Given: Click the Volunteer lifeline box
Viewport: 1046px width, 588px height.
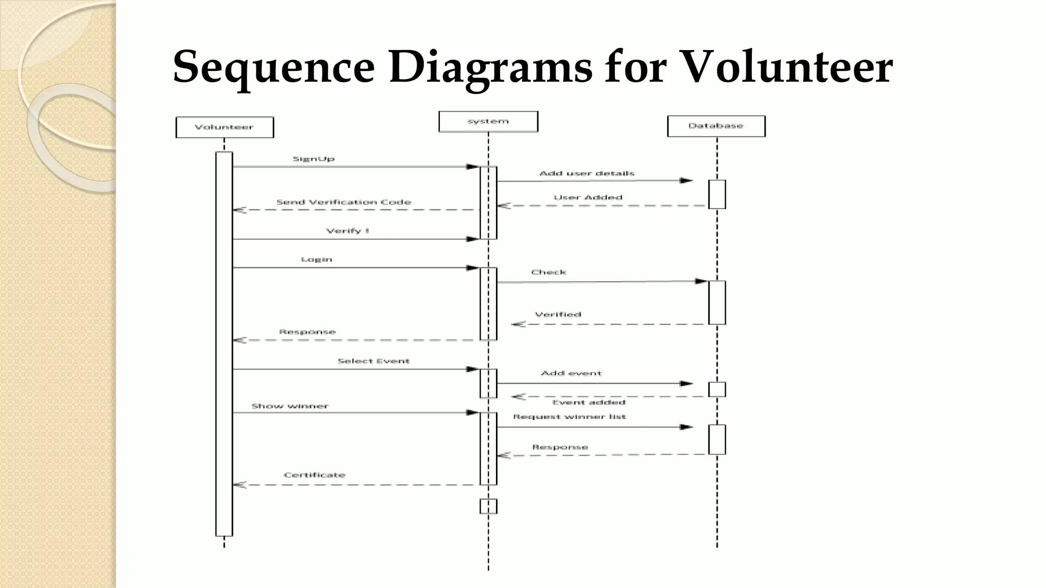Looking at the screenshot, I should (x=224, y=127).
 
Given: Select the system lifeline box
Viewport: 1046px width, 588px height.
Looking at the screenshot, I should (x=488, y=121).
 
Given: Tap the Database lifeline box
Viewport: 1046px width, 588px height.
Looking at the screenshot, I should (x=716, y=126).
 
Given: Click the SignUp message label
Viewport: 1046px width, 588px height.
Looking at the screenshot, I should (x=314, y=159).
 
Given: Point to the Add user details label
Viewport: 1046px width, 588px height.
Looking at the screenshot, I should (x=587, y=174).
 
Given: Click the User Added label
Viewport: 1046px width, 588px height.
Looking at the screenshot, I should (x=588, y=198).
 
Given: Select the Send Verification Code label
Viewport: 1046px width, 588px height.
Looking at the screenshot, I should (x=344, y=202).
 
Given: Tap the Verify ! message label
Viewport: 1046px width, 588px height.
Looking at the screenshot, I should (x=347, y=231).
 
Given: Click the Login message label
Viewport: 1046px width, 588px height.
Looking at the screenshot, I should (x=317, y=259).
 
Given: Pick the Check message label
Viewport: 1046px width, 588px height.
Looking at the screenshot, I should (x=549, y=272).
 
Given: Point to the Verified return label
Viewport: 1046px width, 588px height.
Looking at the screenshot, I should (x=558, y=314).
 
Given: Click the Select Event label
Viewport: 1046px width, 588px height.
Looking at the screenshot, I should (x=373, y=361).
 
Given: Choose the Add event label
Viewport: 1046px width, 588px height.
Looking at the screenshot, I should (x=571, y=373).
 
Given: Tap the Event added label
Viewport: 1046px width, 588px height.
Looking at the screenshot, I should (x=588, y=402).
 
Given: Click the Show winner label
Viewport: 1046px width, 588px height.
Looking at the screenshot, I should (x=290, y=406).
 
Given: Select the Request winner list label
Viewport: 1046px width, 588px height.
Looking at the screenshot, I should (x=569, y=416).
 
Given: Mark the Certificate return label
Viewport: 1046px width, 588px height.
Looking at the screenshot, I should (x=315, y=475).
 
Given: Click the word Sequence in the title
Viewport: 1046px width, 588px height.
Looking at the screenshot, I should (x=274, y=67).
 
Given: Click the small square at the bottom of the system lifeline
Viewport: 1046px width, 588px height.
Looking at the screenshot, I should (x=488, y=506).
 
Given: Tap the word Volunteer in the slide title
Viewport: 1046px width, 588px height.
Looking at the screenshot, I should (x=787, y=67).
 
